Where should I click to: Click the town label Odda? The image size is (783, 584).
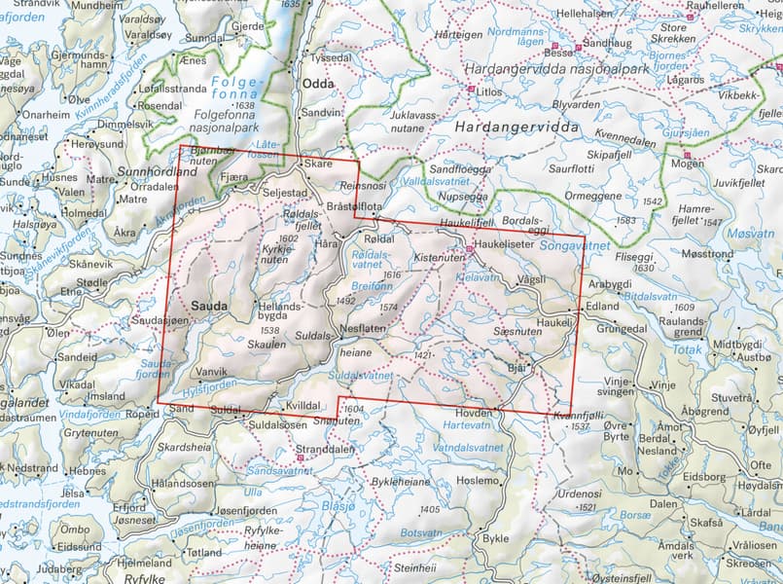pos(318,85)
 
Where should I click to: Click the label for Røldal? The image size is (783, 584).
pos(376,239)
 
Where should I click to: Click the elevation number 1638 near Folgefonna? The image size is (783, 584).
pos(244,105)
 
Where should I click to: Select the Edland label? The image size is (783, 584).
pos(603,306)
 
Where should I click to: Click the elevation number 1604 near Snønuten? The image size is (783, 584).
pos(354,410)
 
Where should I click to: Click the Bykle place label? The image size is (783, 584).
pos(496,538)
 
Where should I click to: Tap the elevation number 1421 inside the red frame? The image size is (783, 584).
pos(421,357)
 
